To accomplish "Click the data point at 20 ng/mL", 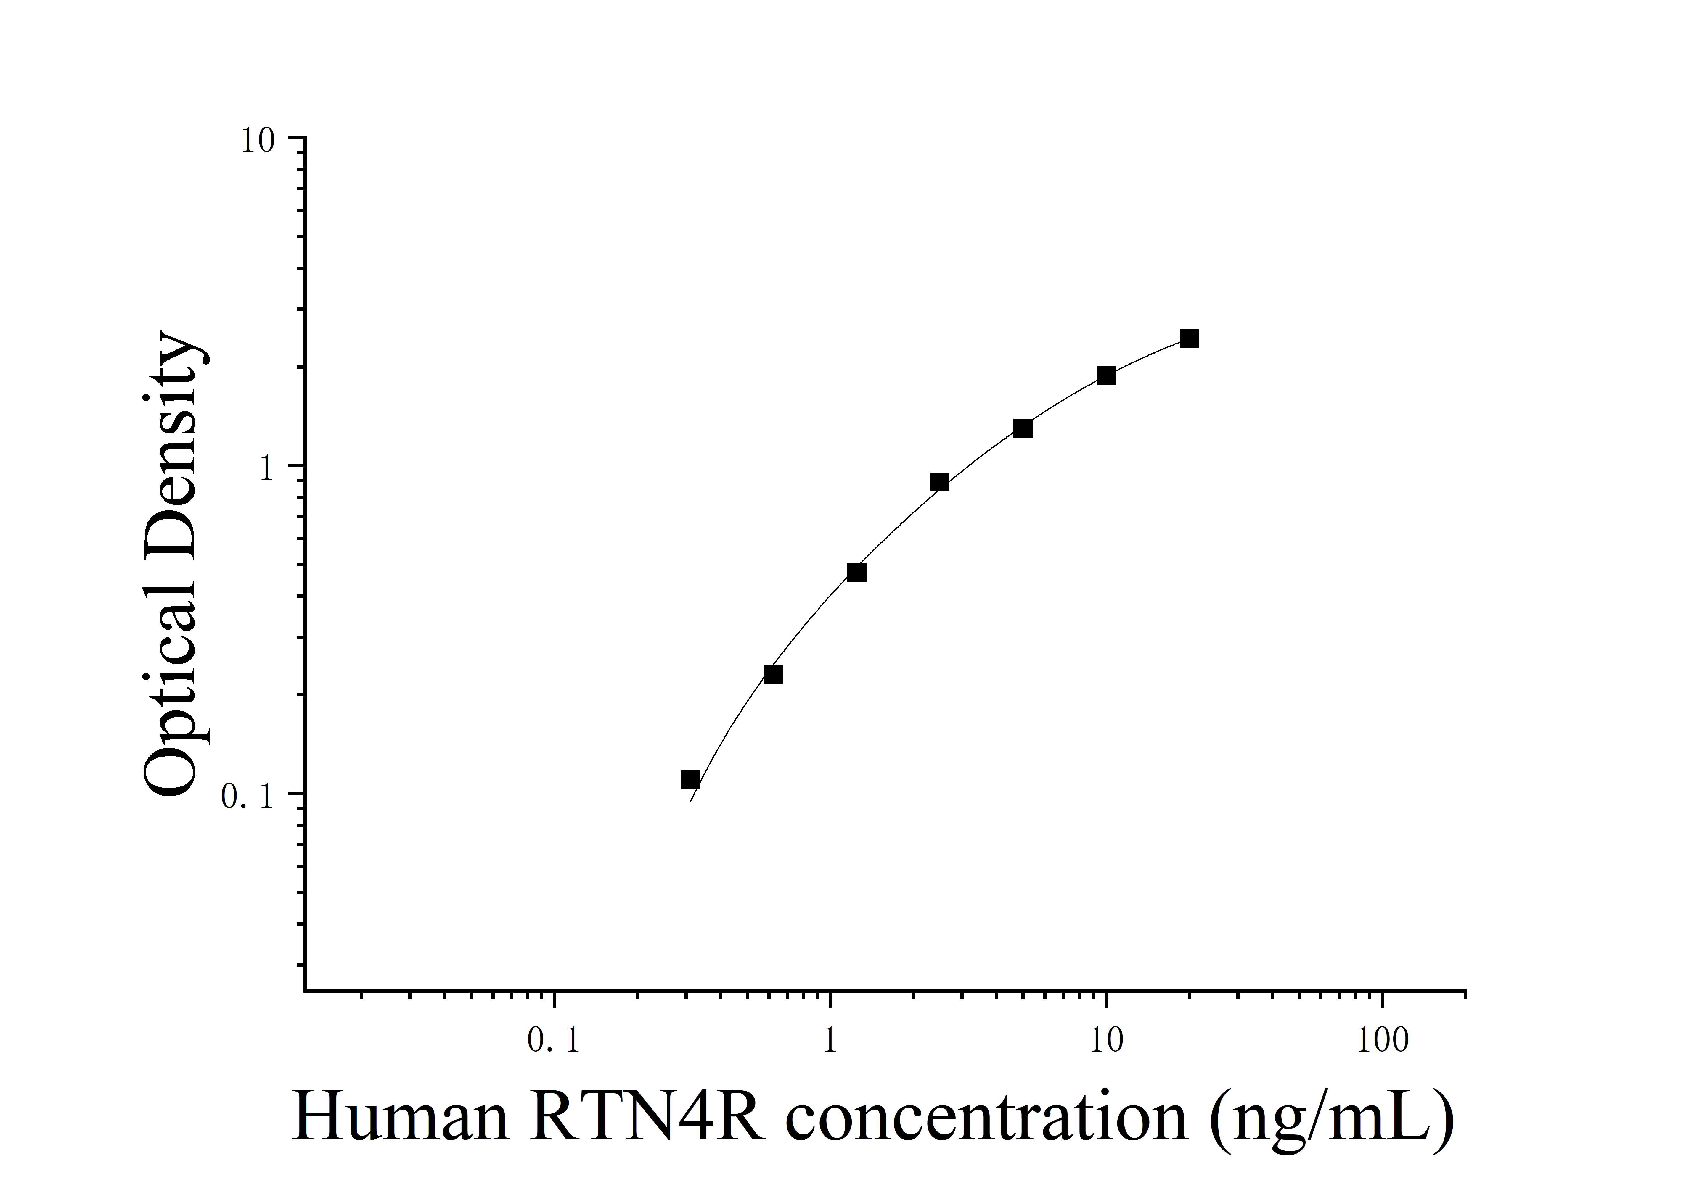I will click(1189, 339).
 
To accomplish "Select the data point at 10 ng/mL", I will click(1106, 376).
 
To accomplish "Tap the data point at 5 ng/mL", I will click(1023, 428).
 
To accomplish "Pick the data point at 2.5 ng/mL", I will click(940, 483).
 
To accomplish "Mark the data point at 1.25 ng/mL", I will click(857, 573).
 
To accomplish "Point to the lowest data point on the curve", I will click(690, 780).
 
